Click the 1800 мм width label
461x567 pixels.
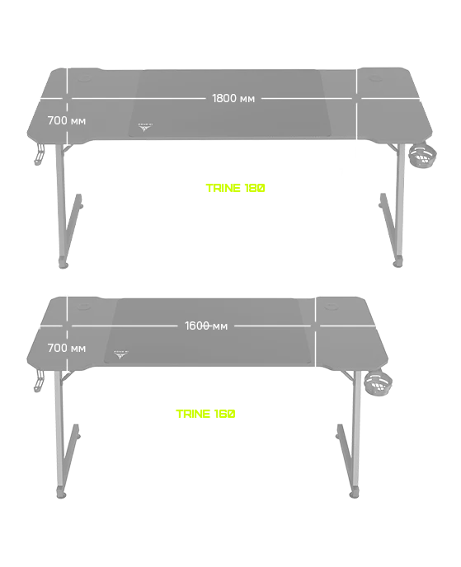click(x=233, y=98)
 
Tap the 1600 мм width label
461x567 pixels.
click(x=206, y=326)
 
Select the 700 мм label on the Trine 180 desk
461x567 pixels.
click(x=67, y=120)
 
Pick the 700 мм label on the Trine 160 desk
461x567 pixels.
click(x=67, y=348)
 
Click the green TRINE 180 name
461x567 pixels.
click(x=236, y=188)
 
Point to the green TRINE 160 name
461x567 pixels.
click(x=205, y=414)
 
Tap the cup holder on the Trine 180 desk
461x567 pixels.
click(x=422, y=156)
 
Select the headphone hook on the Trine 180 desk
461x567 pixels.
click(x=39, y=154)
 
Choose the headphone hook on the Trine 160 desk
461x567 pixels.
click(x=39, y=382)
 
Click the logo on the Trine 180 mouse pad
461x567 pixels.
click(x=145, y=127)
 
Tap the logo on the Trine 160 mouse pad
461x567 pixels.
click(x=120, y=354)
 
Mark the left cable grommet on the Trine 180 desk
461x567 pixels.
click(x=86, y=78)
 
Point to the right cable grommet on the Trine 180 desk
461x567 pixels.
click(x=376, y=77)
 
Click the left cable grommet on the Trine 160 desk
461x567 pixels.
click(x=85, y=307)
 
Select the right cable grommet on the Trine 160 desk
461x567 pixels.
click(x=331, y=307)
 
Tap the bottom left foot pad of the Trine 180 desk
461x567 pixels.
click(x=64, y=263)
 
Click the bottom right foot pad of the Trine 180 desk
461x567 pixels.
click(x=397, y=262)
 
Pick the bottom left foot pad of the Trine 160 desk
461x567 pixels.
click(x=62, y=493)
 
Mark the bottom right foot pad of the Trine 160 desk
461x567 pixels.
click(x=355, y=493)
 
